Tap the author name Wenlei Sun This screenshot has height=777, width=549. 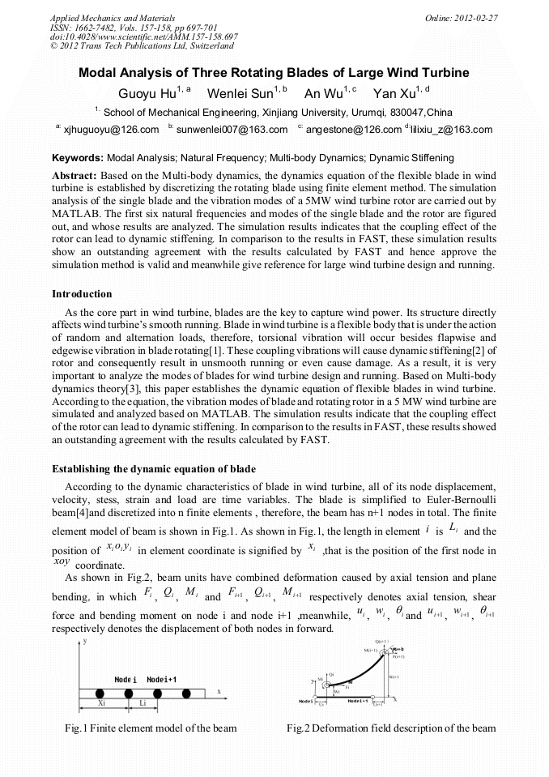pyautogui.click(x=240, y=93)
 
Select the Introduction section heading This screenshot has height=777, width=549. pyautogui.click(x=82, y=293)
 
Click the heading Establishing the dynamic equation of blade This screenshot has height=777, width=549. pyautogui.click(x=154, y=469)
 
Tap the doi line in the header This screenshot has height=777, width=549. pyautogui.click(x=143, y=37)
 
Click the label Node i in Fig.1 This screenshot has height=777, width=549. pyautogui.click(x=125, y=678)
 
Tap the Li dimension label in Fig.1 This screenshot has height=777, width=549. pyautogui.click(x=142, y=704)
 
